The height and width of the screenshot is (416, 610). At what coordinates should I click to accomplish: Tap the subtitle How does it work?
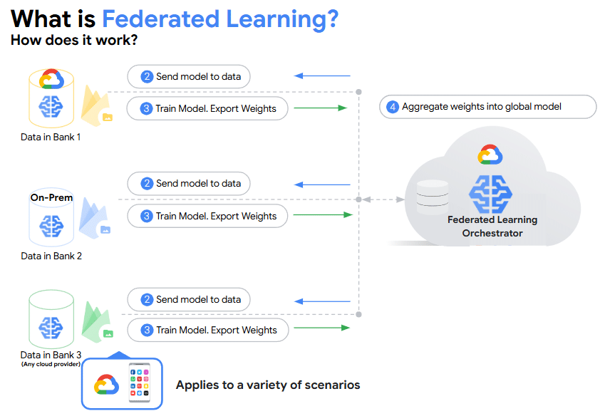(74, 40)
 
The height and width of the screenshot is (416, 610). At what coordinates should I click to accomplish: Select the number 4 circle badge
(393, 107)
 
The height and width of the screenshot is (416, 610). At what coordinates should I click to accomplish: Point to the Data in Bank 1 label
(51, 137)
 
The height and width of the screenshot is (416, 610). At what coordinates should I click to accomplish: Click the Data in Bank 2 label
(51, 256)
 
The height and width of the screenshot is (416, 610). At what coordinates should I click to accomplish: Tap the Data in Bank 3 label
(51, 355)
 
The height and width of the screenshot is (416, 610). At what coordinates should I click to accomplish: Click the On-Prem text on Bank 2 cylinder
(51, 197)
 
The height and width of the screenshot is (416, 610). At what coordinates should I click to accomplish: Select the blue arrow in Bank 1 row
(323, 76)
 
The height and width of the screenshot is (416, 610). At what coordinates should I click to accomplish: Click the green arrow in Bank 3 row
(321, 328)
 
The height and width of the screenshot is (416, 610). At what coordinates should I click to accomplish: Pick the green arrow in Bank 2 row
(323, 214)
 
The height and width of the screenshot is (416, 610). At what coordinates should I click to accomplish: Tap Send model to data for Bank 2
(189, 184)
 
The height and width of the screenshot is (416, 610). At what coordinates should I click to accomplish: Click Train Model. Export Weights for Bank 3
(207, 331)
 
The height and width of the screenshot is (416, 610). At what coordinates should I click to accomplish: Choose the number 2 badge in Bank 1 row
(147, 76)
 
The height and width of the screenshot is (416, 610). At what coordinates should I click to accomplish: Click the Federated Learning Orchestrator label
(492, 227)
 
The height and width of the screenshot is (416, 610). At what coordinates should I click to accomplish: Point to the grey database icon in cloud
(432, 197)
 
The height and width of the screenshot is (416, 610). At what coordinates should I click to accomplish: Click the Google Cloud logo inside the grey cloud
(490, 155)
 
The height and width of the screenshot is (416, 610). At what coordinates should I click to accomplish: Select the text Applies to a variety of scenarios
(268, 385)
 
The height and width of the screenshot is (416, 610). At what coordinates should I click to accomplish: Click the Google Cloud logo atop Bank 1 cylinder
(52, 78)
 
